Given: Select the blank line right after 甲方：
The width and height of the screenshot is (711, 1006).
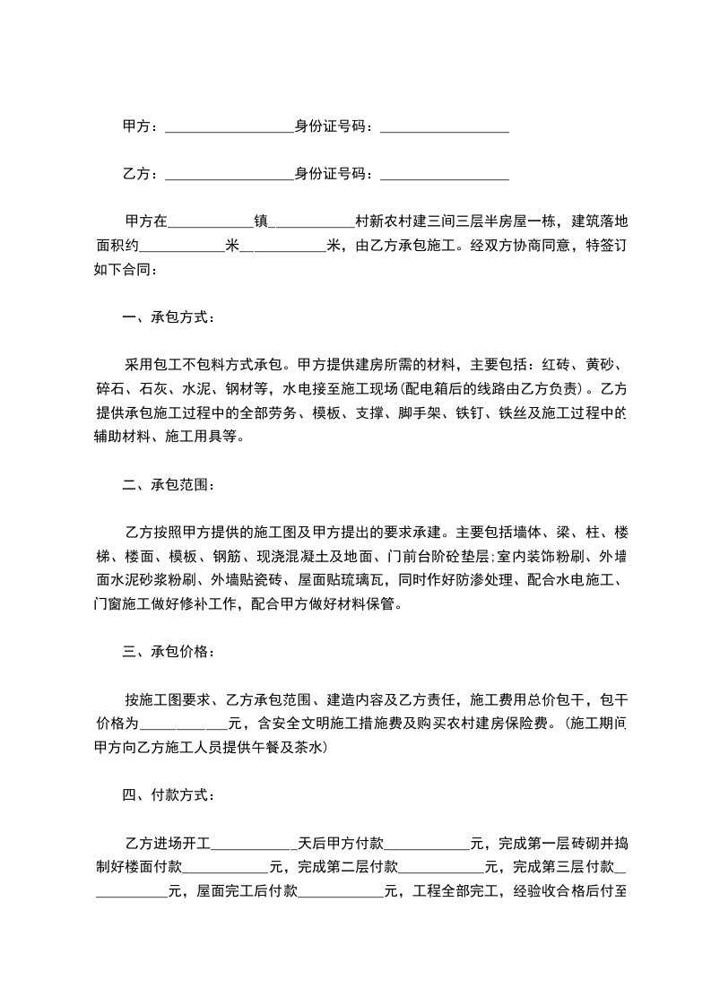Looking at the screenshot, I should tap(230, 128).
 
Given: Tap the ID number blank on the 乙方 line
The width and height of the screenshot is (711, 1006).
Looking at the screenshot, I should tap(445, 175).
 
